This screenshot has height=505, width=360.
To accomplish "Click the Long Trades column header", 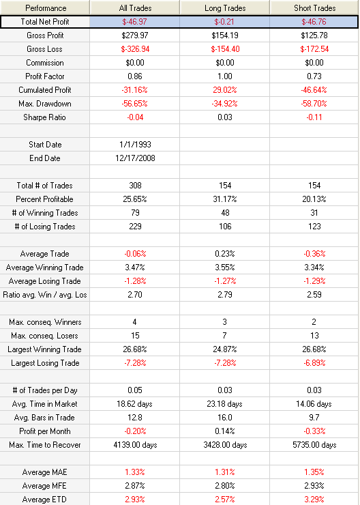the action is (x=225, y=8).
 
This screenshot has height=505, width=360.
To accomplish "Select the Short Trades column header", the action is (x=314, y=8).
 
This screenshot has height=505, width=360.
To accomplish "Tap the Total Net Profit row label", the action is (x=45, y=22).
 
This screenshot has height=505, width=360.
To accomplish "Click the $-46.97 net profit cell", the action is (x=134, y=22).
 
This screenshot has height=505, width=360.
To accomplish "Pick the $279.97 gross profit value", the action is (x=135, y=35).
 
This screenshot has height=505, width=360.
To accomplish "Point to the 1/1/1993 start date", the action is (x=135, y=145).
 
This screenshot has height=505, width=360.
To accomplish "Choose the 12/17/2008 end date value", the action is (x=135, y=158).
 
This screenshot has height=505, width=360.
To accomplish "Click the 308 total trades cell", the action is (x=135, y=186).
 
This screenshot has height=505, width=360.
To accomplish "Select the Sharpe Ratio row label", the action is (x=44, y=117).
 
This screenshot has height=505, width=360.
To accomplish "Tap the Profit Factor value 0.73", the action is (x=314, y=76).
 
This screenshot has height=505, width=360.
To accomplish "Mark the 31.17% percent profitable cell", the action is (x=225, y=199).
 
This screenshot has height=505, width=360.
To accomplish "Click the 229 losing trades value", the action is (x=135, y=227).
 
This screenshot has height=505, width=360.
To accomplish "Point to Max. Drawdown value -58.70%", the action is (x=314, y=104).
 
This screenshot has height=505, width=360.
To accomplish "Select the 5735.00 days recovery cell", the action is (x=314, y=445).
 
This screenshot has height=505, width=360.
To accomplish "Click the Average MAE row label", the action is (x=45, y=472).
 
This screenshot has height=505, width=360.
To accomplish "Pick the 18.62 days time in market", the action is (x=134, y=404).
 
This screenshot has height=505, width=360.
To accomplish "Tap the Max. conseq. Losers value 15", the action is (x=135, y=336).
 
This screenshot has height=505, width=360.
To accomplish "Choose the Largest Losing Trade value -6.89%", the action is (x=314, y=363).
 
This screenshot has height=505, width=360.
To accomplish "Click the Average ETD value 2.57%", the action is (x=225, y=500).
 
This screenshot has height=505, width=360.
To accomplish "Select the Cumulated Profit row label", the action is (x=45, y=90).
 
